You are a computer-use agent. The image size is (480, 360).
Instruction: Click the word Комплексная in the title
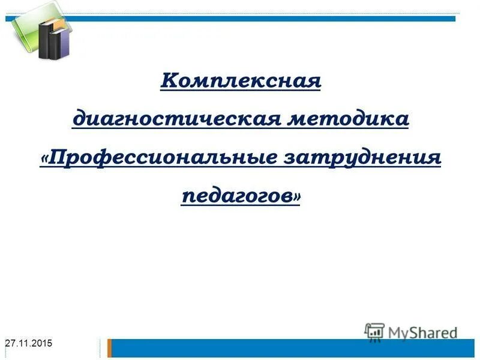pyautogui.click(x=241, y=80)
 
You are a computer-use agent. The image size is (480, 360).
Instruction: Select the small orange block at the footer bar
pyautogui.click(x=110, y=347)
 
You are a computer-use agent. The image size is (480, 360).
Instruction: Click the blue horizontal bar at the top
pyautogui.click(x=270, y=19)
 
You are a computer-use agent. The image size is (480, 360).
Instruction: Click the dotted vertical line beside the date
pyautogui.click(x=100, y=348)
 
